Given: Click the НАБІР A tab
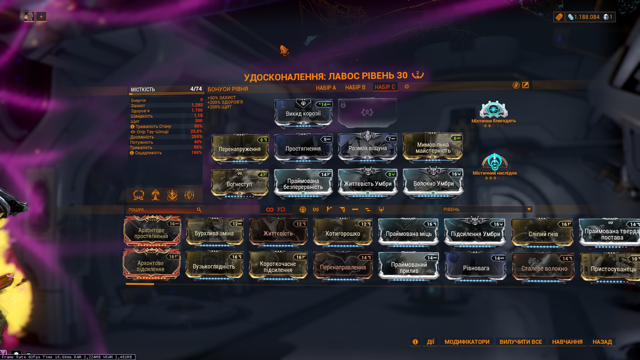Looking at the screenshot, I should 326,88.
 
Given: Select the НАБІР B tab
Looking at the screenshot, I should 355,87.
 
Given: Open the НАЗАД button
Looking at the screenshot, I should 602,342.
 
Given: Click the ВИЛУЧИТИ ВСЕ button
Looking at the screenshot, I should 520,342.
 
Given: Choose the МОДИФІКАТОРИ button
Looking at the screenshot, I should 467,342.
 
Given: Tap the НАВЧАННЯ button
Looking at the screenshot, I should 567,342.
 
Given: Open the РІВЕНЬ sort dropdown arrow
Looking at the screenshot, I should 529,209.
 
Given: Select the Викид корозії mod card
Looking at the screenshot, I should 303,113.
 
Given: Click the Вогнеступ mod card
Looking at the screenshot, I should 239,184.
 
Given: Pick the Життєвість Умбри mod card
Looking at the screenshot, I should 368,183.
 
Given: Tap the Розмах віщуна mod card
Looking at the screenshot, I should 367,148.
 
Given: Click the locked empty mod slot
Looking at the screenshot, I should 367,113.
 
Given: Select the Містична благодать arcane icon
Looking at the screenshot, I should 493,110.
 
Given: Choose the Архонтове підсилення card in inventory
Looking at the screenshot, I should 151,266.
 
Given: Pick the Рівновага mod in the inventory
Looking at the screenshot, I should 476,268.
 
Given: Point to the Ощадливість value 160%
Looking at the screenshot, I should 196,153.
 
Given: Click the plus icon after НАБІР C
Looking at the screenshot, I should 407,87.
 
